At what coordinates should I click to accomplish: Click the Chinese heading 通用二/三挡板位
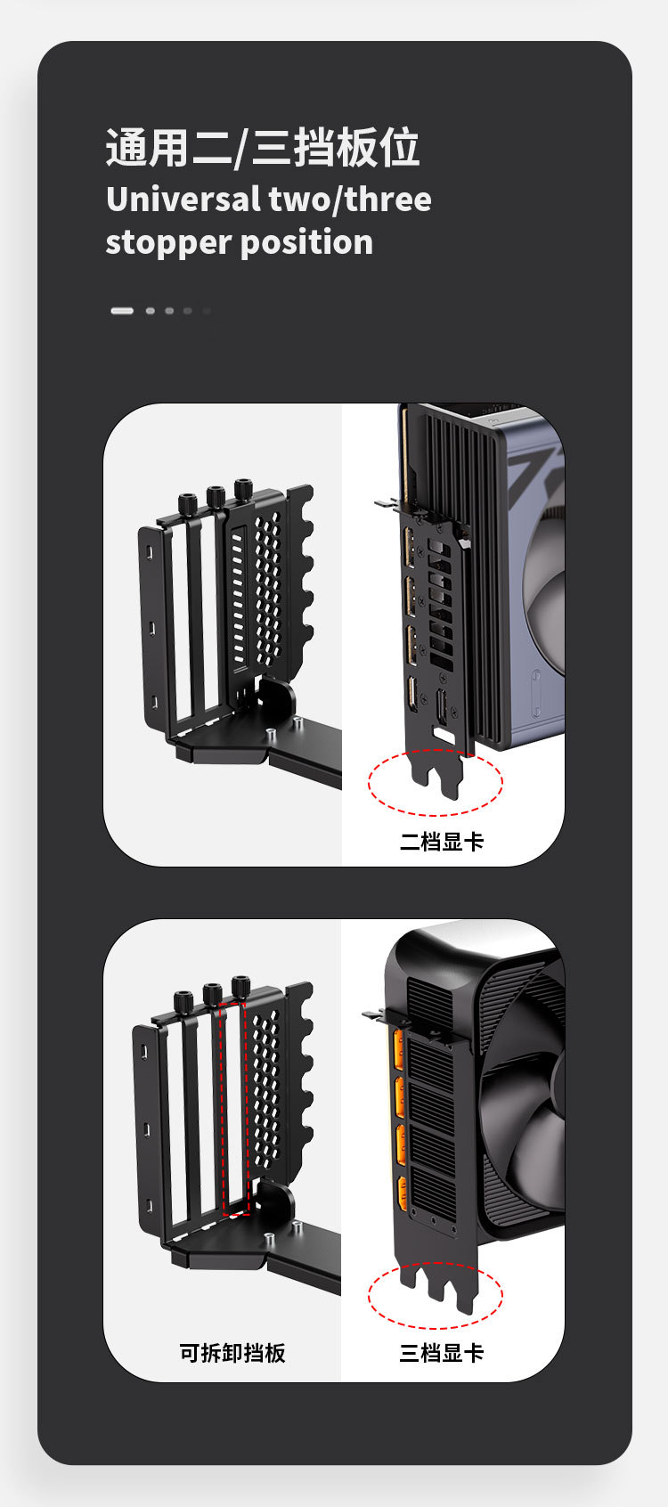(x=263, y=147)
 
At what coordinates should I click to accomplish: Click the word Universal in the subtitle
(x=183, y=200)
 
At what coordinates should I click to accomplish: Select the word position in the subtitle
(x=306, y=242)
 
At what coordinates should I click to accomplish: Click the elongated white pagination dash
(x=122, y=311)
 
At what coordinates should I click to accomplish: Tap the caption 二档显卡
(x=442, y=842)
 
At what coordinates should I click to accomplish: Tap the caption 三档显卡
(x=442, y=1353)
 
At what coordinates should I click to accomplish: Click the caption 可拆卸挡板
(x=232, y=1353)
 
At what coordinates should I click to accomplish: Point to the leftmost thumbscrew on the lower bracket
(x=183, y=1002)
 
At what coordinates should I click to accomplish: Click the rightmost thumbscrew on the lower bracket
(x=240, y=988)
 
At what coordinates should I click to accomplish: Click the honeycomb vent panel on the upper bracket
(x=267, y=589)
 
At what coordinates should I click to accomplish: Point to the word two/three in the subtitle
(x=350, y=200)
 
